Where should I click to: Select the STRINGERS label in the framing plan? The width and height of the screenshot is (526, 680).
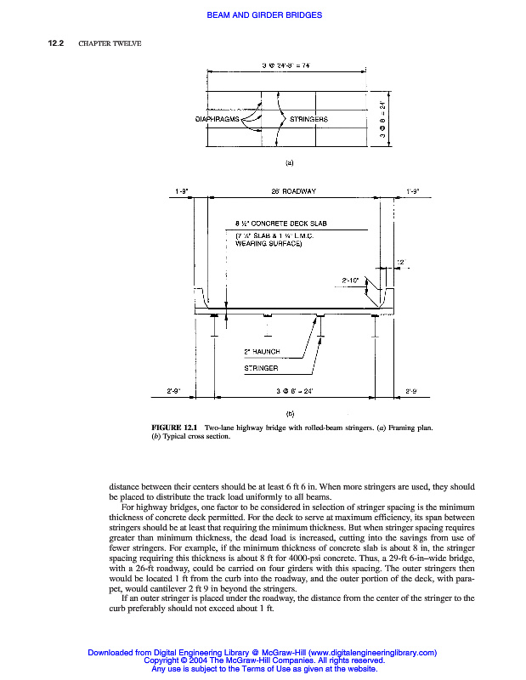click(308, 119)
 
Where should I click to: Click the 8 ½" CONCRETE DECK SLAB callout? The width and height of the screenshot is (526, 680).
click(280, 224)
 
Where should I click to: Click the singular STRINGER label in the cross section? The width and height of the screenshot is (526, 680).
click(261, 369)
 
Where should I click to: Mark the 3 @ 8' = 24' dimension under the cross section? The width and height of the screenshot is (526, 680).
click(296, 391)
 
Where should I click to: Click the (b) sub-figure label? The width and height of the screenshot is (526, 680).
click(290, 412)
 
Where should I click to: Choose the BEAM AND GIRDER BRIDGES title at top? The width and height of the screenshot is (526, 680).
click(264, 15)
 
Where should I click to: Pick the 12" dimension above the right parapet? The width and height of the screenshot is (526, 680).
click(401, 261)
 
